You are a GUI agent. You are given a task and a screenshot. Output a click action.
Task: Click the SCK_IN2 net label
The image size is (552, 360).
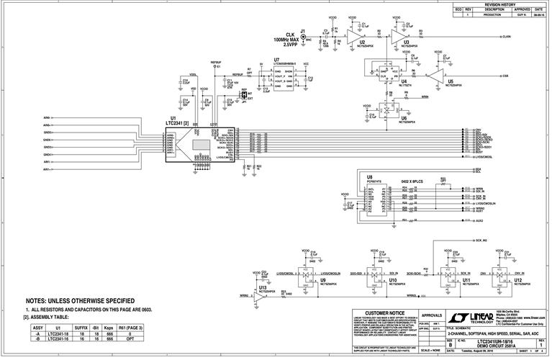coord(480,240)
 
